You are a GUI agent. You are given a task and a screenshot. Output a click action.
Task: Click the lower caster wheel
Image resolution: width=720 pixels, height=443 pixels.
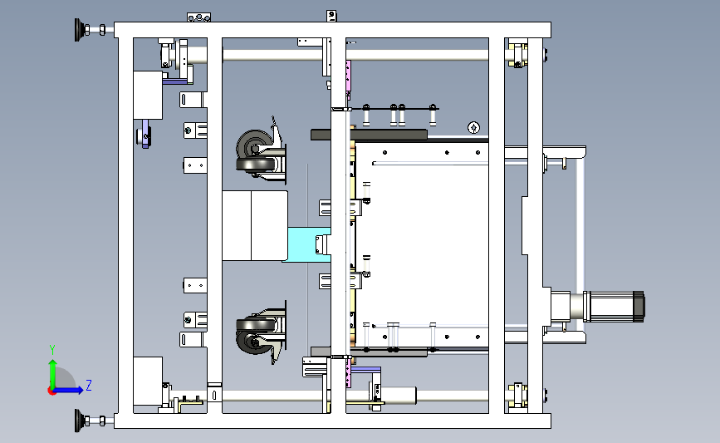click(x=252, y=333)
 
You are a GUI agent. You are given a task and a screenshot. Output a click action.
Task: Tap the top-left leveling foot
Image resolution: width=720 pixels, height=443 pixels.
click(x=81, y=30)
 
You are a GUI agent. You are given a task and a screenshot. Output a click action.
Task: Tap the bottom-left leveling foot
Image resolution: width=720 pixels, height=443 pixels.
click(x=81, y=421)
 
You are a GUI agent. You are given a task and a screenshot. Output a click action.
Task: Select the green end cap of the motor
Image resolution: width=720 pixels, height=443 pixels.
click(x=639, y=305)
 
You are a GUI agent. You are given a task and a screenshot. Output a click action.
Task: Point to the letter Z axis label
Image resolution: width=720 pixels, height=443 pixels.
click(x=88, y=385)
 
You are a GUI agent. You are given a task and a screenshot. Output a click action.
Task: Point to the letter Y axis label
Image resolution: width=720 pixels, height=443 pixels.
click(x=51, y=349)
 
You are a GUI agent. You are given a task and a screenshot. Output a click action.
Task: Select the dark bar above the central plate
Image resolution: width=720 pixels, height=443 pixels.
click(x=369, y=135)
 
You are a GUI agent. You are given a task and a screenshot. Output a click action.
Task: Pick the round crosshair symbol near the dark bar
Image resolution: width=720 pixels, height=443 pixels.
click(x=473, y=127)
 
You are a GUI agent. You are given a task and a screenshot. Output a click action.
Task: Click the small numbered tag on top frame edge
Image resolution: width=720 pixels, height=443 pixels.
click(x=331, y=15)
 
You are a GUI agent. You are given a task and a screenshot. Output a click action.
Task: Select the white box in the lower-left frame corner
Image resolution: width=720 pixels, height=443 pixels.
click(x=147, y=381)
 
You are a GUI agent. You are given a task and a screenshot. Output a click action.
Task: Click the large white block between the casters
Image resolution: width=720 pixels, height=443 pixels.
click(x=254, y=224)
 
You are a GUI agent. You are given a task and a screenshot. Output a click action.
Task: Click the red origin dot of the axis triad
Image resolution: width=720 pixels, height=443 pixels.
click(x=51, y=391)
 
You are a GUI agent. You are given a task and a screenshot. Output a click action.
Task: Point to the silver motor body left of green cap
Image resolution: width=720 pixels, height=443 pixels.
click(x=610, y=305)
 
